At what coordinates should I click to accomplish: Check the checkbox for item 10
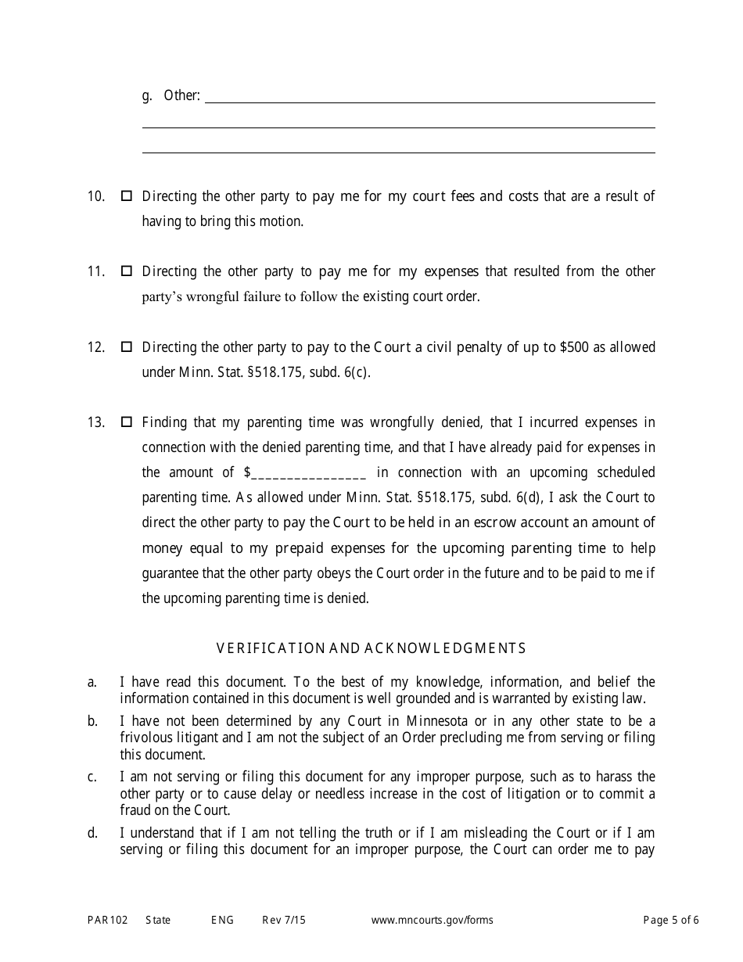pos(126,196)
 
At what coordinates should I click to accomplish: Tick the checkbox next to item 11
pos(126,271)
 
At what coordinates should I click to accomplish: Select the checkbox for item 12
pos(126,346)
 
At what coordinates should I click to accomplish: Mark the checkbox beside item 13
pos(126,422)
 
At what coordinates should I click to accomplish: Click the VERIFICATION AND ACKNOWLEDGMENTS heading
pos(371,648)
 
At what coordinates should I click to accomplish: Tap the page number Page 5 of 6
pos(671,921)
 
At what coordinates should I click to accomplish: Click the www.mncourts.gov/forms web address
pos(432,921)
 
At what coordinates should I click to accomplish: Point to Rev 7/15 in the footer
pos(284,921)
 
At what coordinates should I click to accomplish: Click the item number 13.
pos(95,422)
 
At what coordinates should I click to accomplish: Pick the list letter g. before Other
pos(147,96)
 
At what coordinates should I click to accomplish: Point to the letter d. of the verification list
pos(92,833)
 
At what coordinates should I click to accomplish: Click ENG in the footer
pos(222,921)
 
